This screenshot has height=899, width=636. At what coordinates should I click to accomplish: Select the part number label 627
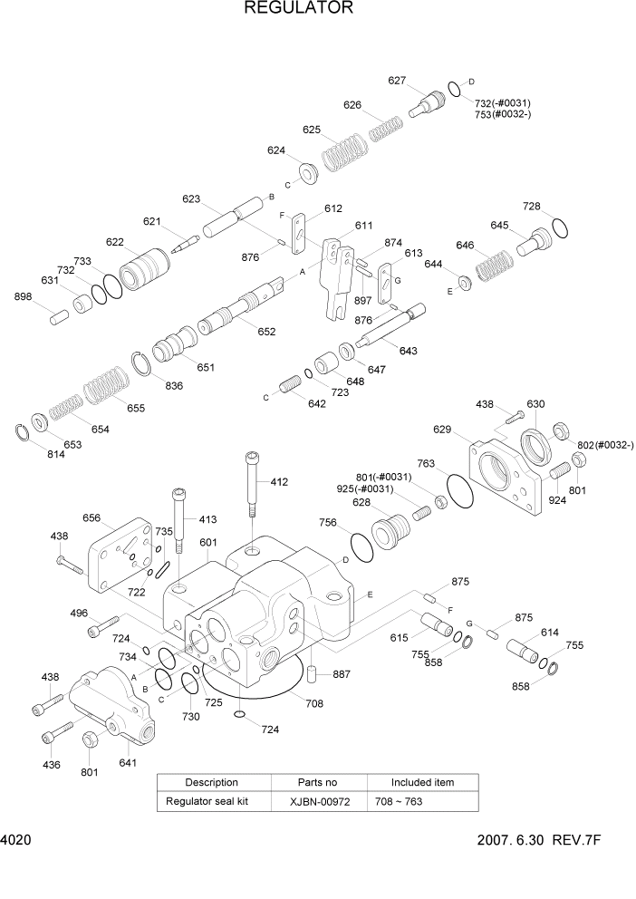pos(397,81)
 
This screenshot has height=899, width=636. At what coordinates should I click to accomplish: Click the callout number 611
pos(363,226)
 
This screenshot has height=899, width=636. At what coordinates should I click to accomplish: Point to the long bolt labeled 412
pos(252,484)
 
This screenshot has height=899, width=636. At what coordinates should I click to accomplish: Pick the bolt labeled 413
pos(179,520)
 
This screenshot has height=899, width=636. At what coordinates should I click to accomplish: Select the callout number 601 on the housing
pos(207,543)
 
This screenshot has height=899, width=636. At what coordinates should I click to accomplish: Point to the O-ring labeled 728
pos(561,228)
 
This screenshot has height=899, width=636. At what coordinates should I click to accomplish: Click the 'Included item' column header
pos(422,782)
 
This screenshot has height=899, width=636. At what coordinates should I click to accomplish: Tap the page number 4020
pos(16,841)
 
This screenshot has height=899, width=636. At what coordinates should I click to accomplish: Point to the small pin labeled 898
pos(59,317)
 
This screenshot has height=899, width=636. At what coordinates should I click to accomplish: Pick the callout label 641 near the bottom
pos(128,762)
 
